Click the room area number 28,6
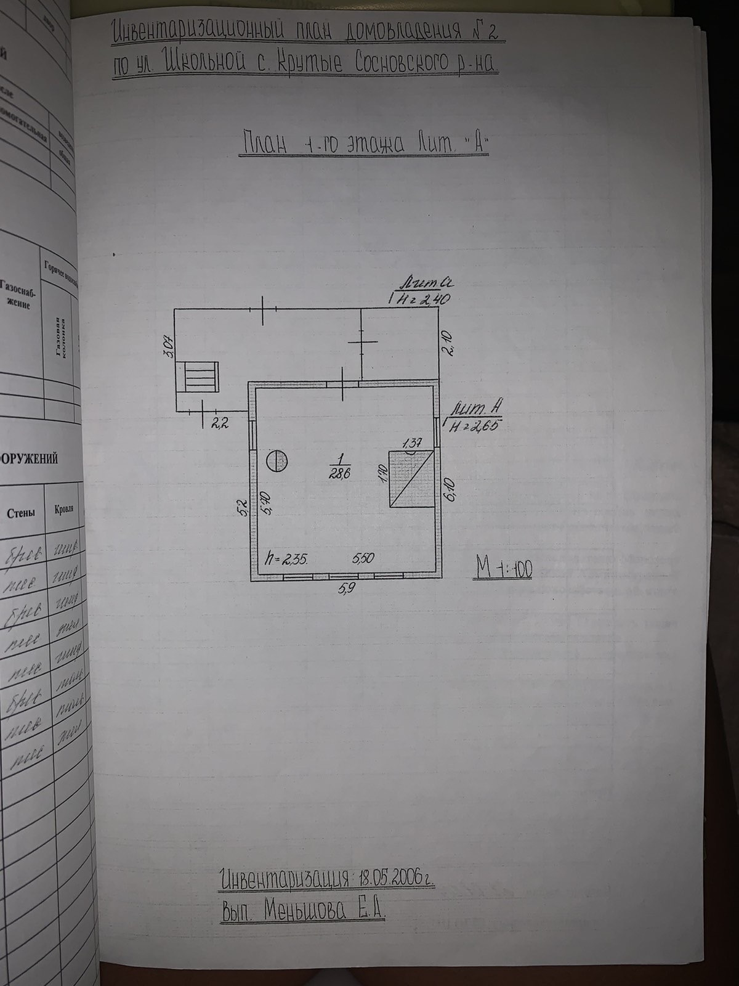337,474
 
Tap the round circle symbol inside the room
277,461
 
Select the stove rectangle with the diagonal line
410,479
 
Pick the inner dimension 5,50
363,558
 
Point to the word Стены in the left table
20,513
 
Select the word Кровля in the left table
63,510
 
